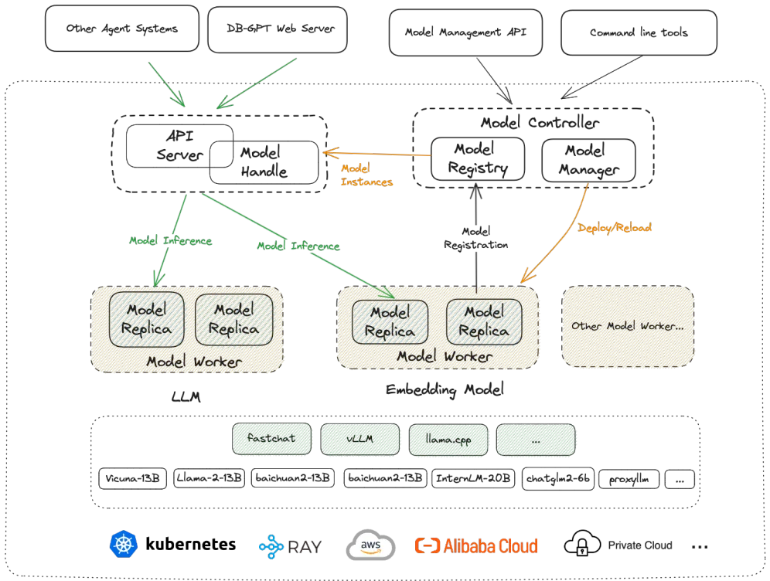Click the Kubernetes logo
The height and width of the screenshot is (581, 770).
point(124,544)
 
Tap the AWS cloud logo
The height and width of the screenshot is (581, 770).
point(371,545)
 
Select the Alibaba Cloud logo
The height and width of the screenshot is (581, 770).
point(476,545)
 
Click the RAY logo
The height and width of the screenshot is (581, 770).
point(290,546)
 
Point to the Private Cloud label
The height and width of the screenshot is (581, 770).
point(640,545)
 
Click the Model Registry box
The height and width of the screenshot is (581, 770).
point(478,158)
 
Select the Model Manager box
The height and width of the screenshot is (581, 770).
point(589,160)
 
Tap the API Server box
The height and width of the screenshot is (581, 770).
point(179,144)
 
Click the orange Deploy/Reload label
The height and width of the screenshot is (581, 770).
point(615,228)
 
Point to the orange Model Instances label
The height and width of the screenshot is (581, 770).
point(366,175)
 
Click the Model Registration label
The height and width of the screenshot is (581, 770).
point(475,238)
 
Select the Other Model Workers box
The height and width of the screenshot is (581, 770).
point(628,326)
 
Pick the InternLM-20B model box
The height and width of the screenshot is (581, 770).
point(473,479)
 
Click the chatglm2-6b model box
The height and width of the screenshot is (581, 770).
point(558,479)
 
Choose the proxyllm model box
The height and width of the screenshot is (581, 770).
point(629,479)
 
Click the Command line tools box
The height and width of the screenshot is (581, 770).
point(639,33)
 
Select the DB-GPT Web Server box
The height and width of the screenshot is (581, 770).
point(277,29)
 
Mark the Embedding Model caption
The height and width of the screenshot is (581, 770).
point(445,389)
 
